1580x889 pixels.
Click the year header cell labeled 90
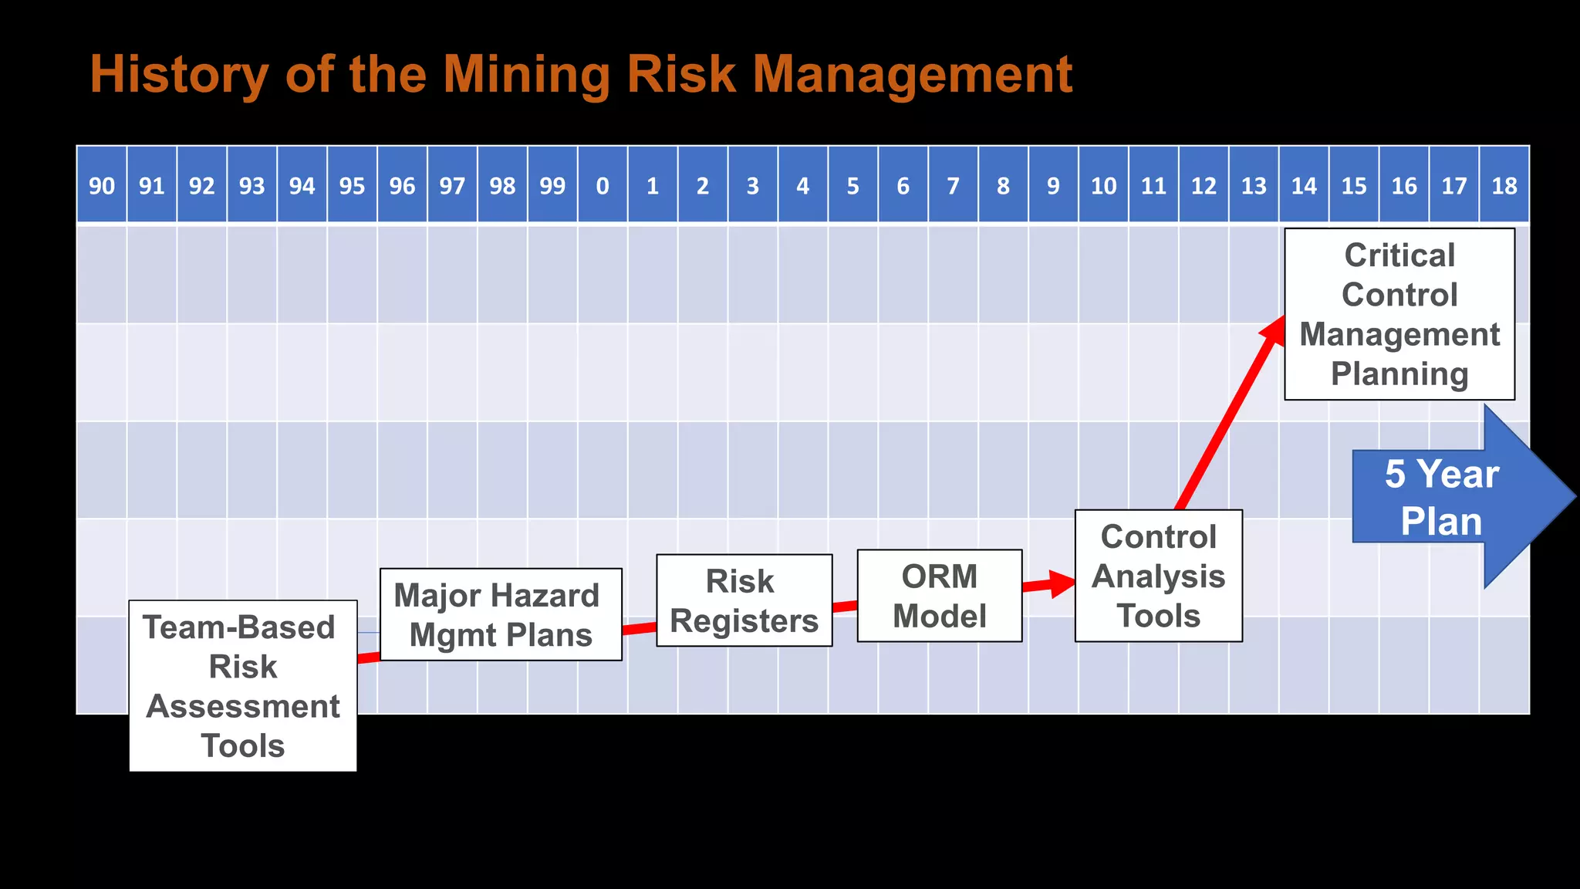pos(102,185)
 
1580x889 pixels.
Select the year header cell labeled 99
pos(552,185)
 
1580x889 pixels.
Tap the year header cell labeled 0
pos(603,185)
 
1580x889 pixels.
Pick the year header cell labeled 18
pos(1504,185)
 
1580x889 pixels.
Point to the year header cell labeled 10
pos(1103,185)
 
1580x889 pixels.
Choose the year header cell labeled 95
pos(352,185)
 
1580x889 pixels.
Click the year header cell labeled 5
pos(852,185)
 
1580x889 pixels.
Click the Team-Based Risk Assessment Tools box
pos(242,686)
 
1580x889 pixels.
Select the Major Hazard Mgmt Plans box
pos(501,614)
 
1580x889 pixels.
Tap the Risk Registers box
pos(744,600)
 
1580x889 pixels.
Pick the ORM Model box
pos(939,596)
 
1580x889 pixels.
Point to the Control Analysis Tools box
pos(1158,576)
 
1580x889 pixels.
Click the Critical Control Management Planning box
pos(1399,314)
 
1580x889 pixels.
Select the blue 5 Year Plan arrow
pos(1450,497)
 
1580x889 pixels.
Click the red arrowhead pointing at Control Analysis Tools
pos(1062,583)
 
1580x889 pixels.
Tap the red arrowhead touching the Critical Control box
pos(1273,329)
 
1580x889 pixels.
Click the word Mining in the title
pos(526,74)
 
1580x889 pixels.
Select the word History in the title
pos(179,74)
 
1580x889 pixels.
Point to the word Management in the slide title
pos(912,74)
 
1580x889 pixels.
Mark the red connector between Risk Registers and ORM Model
pos(845,607)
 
